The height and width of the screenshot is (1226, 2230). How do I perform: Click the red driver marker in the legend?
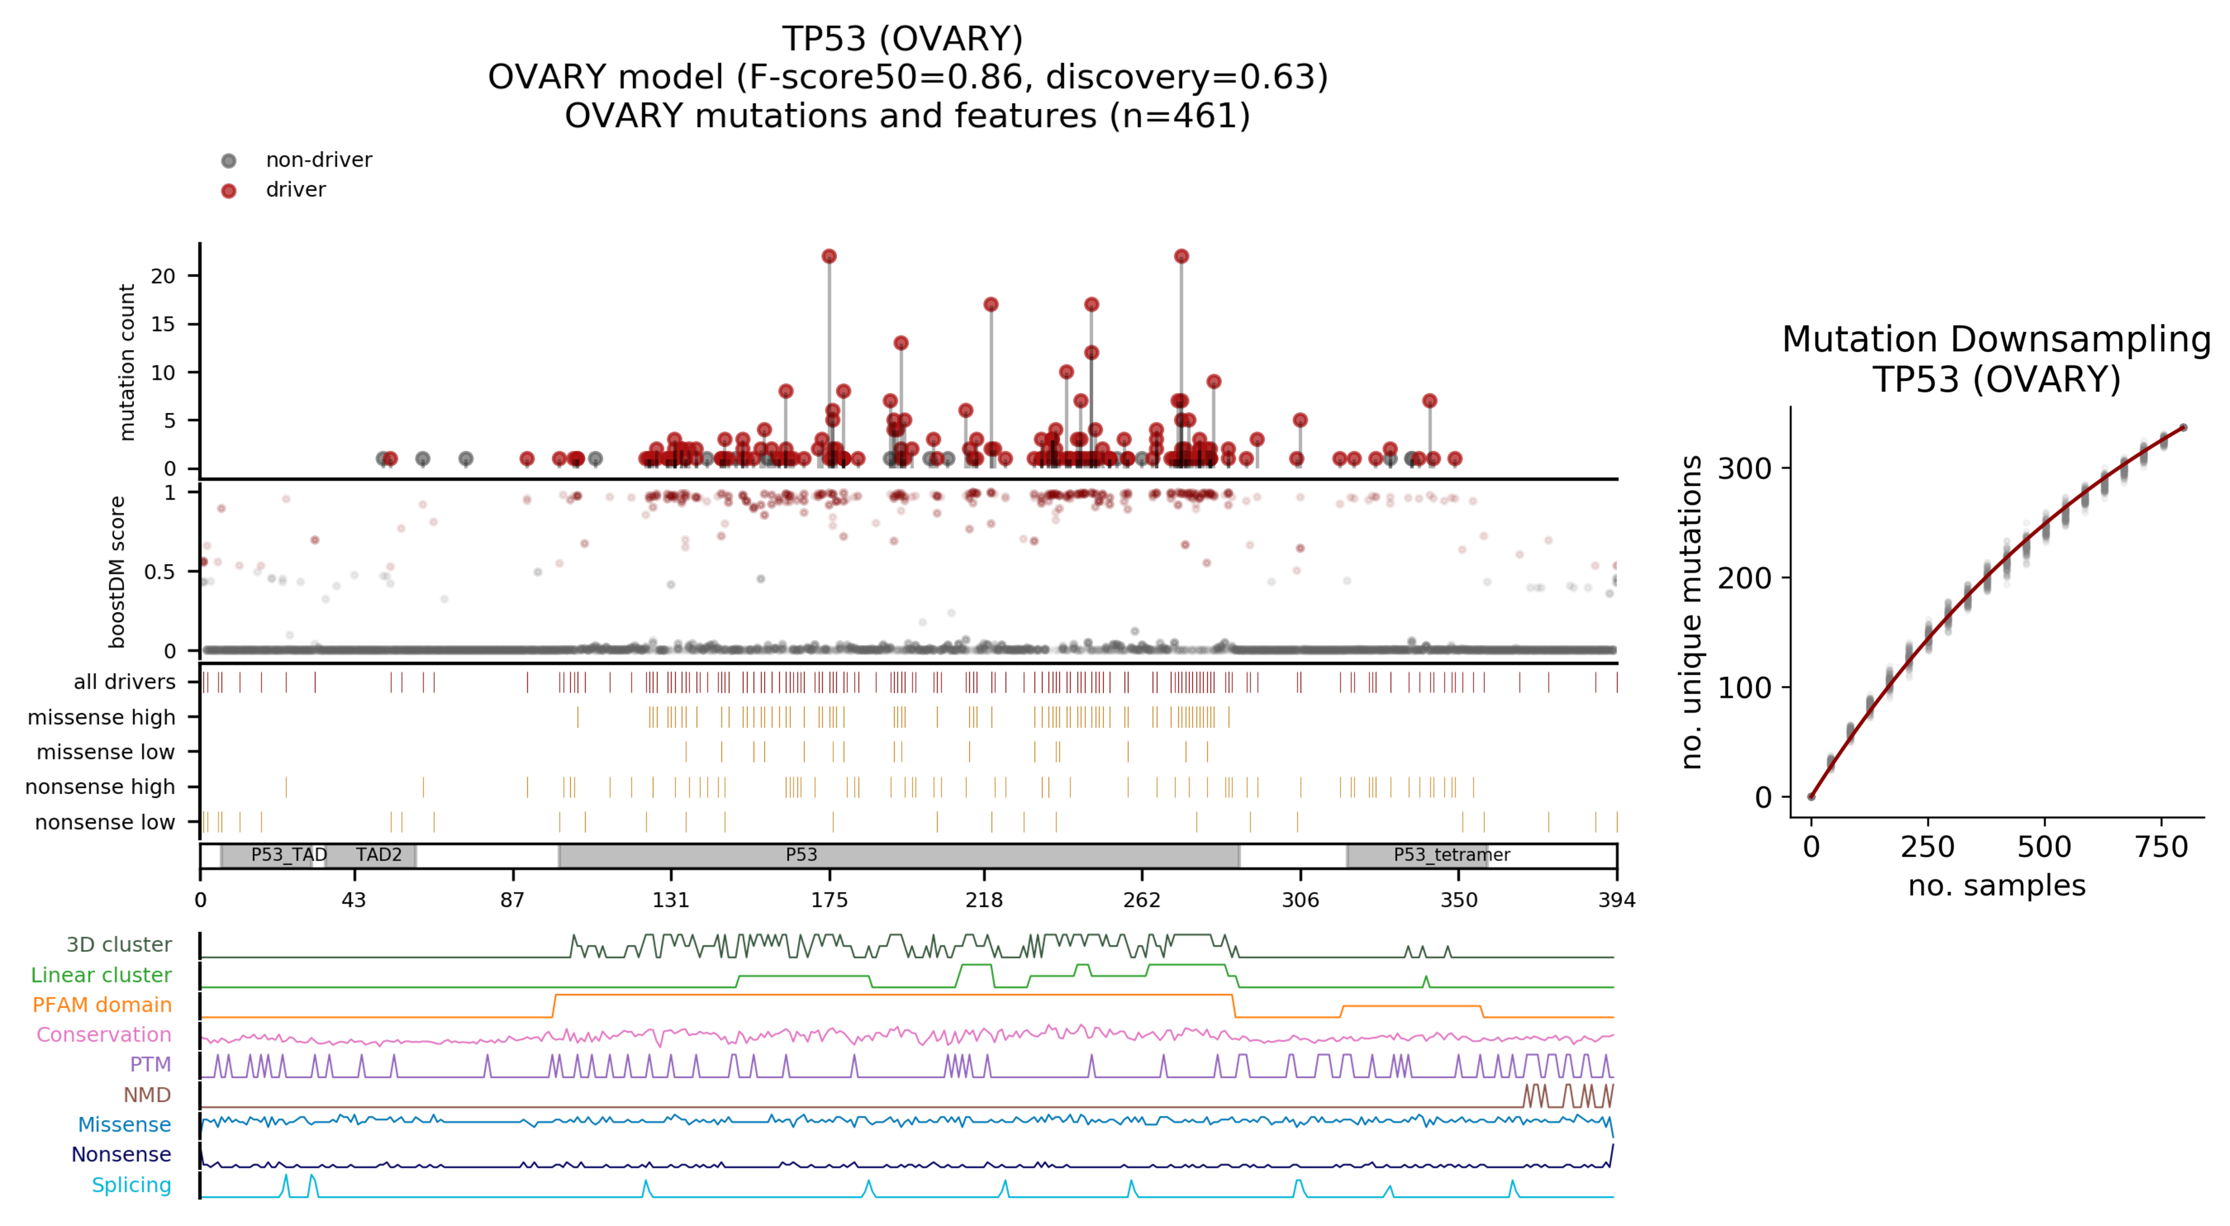228,190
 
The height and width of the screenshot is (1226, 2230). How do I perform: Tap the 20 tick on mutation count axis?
163,276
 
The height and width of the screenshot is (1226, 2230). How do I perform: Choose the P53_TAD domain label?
288,855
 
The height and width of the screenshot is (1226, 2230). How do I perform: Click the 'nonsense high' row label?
100,787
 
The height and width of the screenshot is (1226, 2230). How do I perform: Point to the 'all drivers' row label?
125,682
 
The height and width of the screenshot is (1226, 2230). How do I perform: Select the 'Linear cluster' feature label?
101,975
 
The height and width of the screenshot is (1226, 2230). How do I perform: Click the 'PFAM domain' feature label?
102,1005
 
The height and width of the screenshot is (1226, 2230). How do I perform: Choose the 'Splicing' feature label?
132,1186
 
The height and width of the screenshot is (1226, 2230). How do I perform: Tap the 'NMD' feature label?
147,1095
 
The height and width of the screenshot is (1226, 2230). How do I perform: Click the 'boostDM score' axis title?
118,571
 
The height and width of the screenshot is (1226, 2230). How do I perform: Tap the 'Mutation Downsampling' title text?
1996,340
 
